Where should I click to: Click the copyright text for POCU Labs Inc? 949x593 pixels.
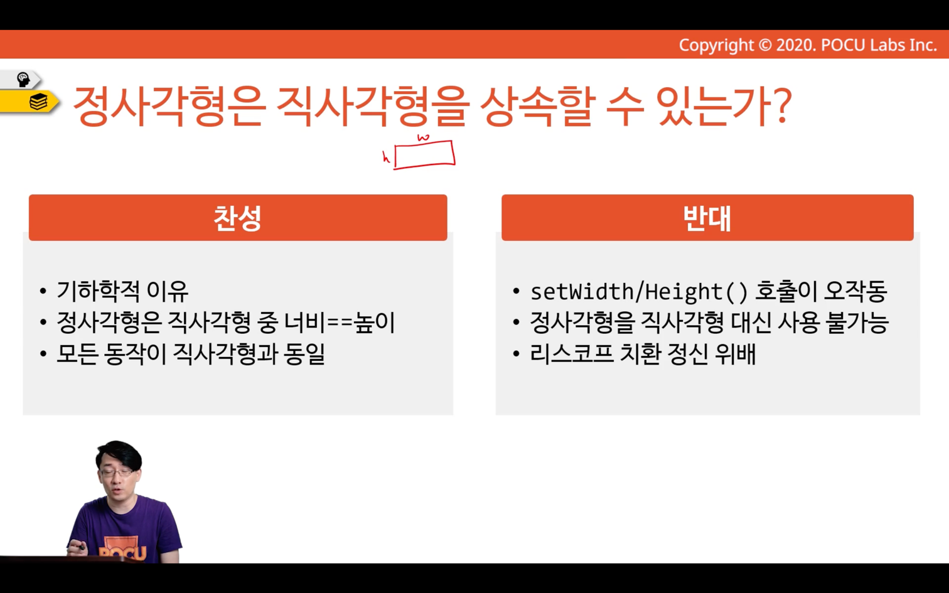click(808, 45)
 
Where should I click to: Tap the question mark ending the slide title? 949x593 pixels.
click(780, 105)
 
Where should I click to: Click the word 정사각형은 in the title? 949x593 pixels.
click(170, 106)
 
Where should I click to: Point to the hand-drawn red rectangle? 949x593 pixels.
click(424, 155)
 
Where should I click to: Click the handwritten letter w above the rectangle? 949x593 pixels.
click(423, 137)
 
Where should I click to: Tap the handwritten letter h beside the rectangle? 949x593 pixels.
click(385, 157)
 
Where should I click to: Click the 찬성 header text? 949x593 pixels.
click(237, 218)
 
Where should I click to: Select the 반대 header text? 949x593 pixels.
click(707, 218)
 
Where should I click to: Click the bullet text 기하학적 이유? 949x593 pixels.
click(122, 291)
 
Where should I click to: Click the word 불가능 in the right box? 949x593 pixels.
click(857, 323)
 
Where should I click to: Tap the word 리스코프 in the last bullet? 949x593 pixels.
click(572, 354)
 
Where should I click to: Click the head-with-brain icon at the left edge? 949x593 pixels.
click(23, 80)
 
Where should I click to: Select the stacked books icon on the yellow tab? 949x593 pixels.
click(38, 102)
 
